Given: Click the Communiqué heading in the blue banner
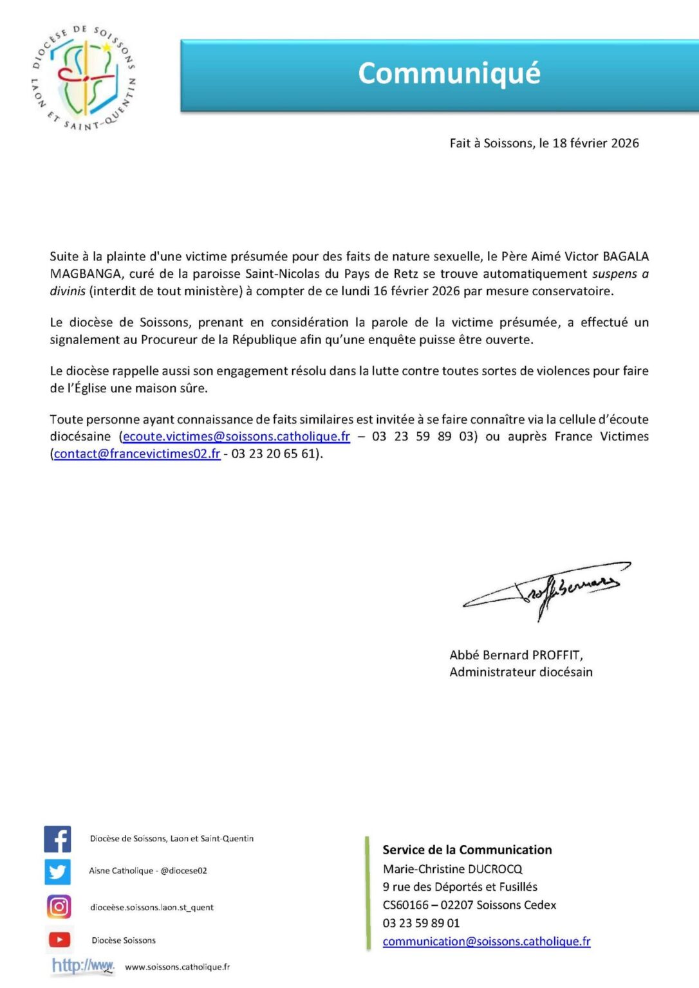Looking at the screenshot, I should tap(449, 73).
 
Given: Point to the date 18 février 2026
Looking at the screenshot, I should tap(595, 143).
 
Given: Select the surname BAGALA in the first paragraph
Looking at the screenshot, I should tap(626, 256).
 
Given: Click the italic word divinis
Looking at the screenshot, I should tap(68, 291).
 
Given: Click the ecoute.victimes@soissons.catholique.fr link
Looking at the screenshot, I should tap(236, 436).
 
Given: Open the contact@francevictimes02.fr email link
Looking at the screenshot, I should tap(137, 453).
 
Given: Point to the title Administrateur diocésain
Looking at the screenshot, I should tap(521, 672).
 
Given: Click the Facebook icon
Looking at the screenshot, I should tap(57, 839).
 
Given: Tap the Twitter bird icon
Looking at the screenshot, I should tap(57, 872).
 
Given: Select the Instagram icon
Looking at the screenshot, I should tap(59, 907).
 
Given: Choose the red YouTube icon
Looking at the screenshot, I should tap(59, 940).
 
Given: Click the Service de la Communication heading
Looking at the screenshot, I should tap(467, 850).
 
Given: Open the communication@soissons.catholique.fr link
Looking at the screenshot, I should tap(486, 941).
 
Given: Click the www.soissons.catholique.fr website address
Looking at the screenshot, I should tap(177, 967).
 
